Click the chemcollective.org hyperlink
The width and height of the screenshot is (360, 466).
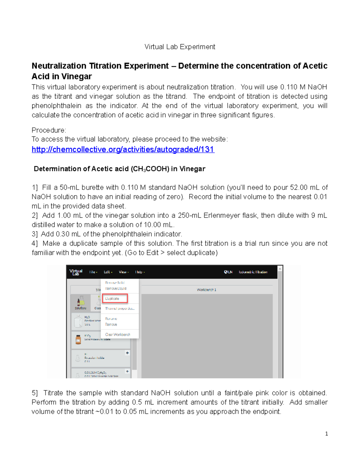click(123, 149)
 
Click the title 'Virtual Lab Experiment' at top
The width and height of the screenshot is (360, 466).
click(180, 47)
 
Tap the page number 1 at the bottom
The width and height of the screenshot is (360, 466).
click(326, 434)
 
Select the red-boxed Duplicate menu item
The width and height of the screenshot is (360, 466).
click(115, 299)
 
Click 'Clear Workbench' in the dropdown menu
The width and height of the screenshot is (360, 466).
click(118, 334)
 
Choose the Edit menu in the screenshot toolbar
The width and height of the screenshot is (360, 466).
click(108, 272)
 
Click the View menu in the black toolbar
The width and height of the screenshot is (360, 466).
click(124, 272)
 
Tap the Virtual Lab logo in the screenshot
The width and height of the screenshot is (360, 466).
click(76, 272)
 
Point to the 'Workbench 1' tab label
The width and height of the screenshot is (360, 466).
click(206, 290)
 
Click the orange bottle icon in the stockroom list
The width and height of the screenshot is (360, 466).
click(78, 339)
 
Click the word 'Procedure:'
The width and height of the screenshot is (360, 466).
click(49, 130)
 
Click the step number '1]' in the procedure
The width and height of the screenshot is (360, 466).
click(35, 188)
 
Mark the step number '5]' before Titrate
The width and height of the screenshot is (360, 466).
click(35, 393)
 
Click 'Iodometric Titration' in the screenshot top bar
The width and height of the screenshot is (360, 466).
click(253, 272)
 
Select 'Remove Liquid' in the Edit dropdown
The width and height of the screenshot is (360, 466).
click(115, 288)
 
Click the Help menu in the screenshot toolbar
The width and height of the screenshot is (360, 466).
click(139, 272)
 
